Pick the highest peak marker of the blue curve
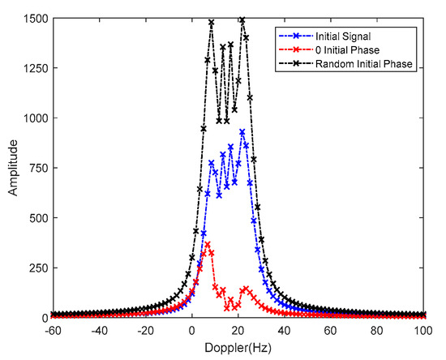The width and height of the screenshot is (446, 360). [x=242, y=131]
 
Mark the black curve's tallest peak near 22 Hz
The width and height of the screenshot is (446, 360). [x=242, y=19]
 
